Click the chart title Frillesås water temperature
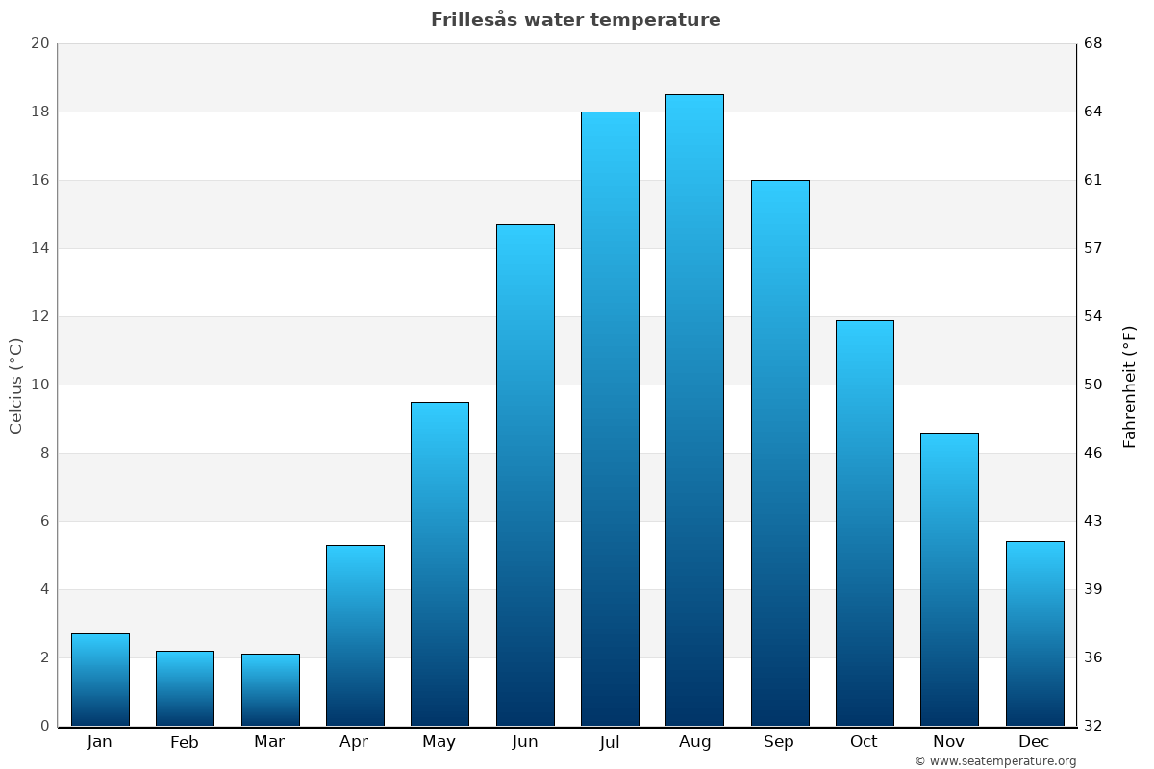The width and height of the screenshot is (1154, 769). pyautogui.click(x=575, y=20)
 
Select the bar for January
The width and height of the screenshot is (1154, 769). pyautogui.click(x=100, y=680)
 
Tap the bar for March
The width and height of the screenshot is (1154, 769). pyautogui.click(x=270, y=690)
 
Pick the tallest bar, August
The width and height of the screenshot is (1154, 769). pyautogui.click(x=694, y=410)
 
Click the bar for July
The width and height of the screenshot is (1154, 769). pyautogui.click(x=610, y=419)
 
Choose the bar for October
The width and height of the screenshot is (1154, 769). pyautogui.click(x=865, y=523)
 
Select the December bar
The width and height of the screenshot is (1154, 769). pyautogui.click(x=1035, y=633)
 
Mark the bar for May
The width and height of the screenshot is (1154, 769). pyautogui.click(x=439, y=564)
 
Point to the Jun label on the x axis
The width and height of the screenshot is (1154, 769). pyautogui.click(x=525, y=742)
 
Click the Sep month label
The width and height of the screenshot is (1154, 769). pyautogui.click(x=779, y=742)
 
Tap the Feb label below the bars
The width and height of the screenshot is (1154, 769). pyautogui.click(x=185, y=742)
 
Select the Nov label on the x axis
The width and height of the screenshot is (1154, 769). pyautogui.click(x=949, y=742)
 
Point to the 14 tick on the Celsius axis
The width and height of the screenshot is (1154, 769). pyautogui.click(x=39, y=248)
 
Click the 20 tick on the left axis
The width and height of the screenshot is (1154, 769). pyautogui.click(x=39, y=43)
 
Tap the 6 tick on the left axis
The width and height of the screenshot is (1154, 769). pyautogui.click(x=44, y=521)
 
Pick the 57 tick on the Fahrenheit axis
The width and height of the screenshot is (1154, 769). pyautogui.click(x=1094, y=248)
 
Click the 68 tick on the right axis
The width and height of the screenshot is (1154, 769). pyautogui.click(x=1094, y=43)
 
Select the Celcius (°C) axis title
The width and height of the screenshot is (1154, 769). pyautogui.click(x=16, y=385)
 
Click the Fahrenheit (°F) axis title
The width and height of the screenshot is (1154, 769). pyautogui.click(x=1130, y=385)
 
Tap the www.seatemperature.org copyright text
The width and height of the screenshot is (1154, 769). pyautogui.click(x=995, y=761)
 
